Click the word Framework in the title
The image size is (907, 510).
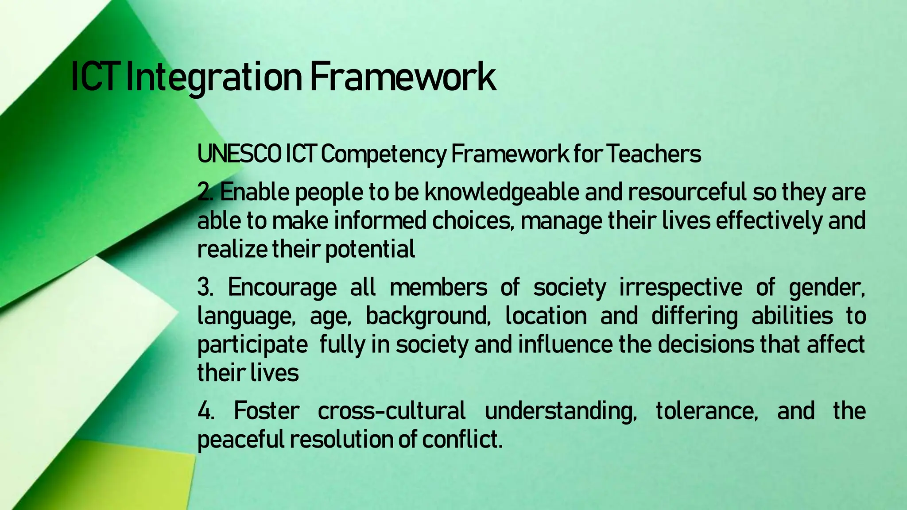(402, 77)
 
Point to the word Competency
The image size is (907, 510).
(383, 155)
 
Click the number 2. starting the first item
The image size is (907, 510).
(205, 193)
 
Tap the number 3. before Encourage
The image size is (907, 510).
(205, 288)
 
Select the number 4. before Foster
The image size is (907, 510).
(205, 411)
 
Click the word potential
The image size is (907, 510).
(370, 250)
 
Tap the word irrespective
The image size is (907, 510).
(680, 288)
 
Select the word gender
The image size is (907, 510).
(826, 288)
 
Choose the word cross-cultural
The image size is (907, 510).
(391, 411)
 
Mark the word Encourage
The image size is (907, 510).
(282, 288)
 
